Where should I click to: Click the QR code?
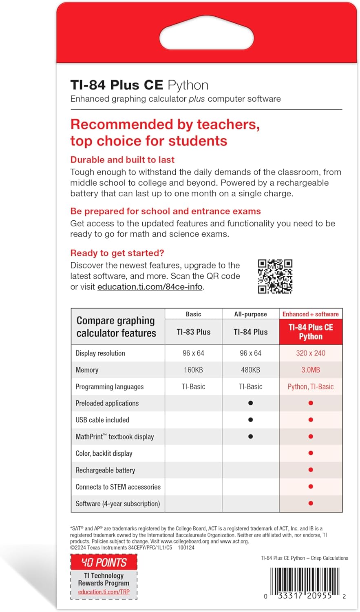point(275,276)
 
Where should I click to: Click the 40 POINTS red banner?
point(104,563)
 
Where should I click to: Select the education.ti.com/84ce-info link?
point(150,287)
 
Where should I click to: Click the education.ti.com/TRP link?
point(104,592)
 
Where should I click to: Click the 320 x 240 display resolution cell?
point(311,353)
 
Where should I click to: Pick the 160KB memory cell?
point(193,370)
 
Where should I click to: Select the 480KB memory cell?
point(250,370)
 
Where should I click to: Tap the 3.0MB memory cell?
point(311,370)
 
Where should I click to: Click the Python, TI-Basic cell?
point(311,387)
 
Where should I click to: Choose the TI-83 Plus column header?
point(193,332)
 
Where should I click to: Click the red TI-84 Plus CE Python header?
point(311,332)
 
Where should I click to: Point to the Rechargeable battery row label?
point(105,470)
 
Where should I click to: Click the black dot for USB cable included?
point(250,420)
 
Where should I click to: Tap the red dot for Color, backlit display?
point(311,453)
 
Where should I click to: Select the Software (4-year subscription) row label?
point(117,504)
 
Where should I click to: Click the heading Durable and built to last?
point(122,160)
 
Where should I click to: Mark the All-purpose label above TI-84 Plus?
point(250,314)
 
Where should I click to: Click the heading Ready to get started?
point(117,253)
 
